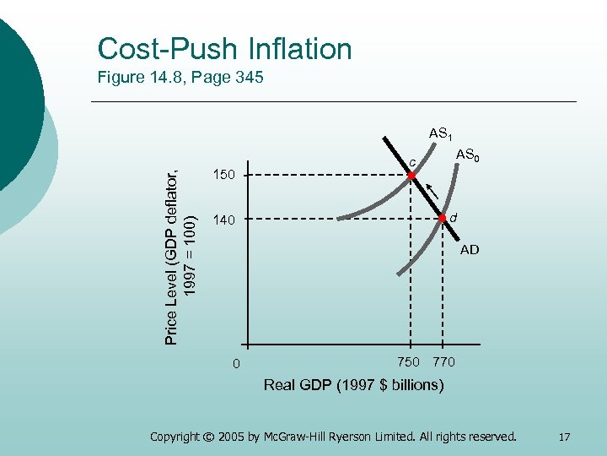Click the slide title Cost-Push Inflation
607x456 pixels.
point(224,49)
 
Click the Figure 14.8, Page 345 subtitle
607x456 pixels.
point(180,79)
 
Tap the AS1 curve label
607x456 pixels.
point(442,134)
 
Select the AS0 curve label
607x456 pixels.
point(469,155)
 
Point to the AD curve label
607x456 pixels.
point(470,250)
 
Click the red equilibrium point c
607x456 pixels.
point(411,176)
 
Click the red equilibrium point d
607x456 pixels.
point(442,218)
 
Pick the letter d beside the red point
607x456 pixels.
point(453,218)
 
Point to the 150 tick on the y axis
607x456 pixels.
point(223,176)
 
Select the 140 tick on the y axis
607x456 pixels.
point(223,220)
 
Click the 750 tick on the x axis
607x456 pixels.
point(408,362)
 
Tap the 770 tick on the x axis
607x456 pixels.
point(443,362)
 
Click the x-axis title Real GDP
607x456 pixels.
point(353,385)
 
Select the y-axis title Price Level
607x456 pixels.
point(179,245)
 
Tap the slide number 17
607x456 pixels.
point(564,437)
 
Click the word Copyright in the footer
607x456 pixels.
point(177,437)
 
